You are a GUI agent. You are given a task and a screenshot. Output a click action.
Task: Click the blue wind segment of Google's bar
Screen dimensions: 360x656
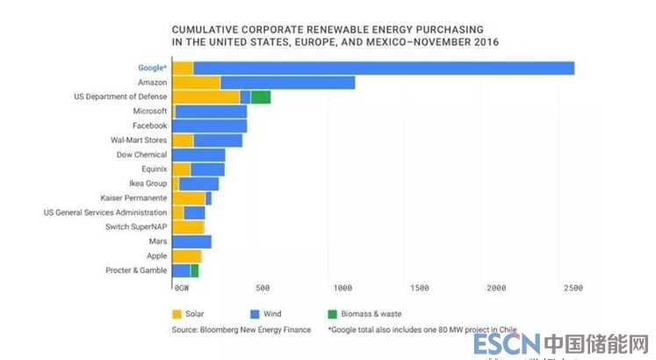click(384, 68)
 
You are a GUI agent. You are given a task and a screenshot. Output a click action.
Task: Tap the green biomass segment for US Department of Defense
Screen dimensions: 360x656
click(261, 97)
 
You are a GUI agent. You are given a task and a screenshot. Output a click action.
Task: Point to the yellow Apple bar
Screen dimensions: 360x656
click(187, 256)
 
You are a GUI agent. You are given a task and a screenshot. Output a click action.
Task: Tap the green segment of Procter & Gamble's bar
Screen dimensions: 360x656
click(194, 270)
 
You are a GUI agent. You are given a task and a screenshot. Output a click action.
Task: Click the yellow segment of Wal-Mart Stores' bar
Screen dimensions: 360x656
click(183, 140)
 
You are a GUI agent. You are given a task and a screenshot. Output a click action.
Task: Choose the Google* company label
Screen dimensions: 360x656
click(152, 68)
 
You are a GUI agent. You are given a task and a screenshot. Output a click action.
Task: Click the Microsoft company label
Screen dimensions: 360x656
click(149, 112)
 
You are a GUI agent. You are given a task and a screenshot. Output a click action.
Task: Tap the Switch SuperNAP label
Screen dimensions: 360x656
click(136, 227)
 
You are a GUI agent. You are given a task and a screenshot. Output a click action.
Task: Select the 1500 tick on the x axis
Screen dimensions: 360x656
click(419, 288)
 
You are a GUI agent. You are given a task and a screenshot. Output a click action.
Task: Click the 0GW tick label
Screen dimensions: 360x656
click(181, 288)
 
